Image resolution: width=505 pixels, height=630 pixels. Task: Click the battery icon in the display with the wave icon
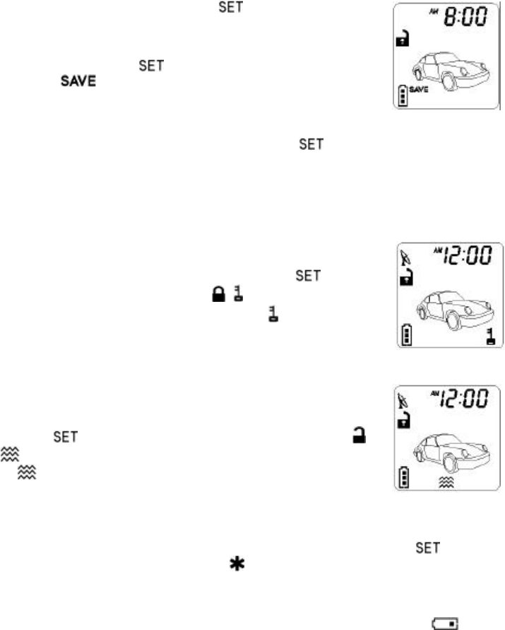tap(404, 477)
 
